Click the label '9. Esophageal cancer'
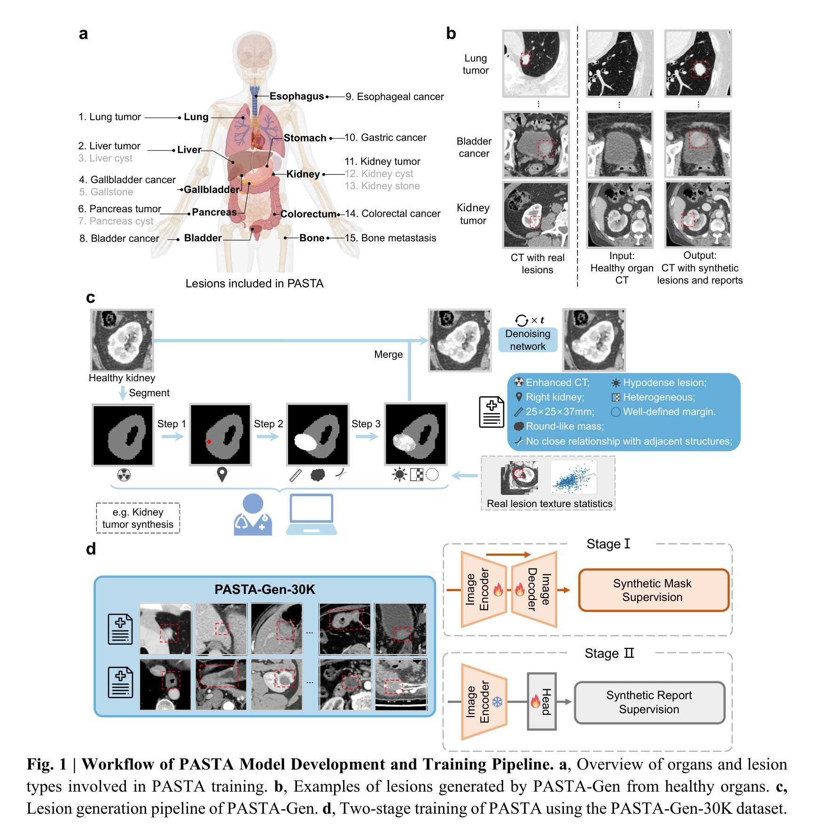(395, 97)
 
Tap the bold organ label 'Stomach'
(305, 138)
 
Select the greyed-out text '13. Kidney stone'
(382, 186)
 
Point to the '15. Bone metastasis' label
(390, 238)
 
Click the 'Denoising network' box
(528, 340)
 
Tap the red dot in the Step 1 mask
(209, 442)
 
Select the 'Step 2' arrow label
(268, 424)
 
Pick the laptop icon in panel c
(312, 515)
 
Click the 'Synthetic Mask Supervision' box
(653, 590)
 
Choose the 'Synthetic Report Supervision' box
(649, 702)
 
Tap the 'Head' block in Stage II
(542, 701)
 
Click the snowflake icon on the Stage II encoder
(497, 702)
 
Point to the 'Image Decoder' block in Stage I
(535, 589)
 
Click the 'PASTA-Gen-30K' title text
(265, 589)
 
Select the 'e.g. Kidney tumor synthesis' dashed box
(138, 518)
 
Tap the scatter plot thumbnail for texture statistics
(574, 477)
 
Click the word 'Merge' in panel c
(388, 354)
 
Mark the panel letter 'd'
(91, 549)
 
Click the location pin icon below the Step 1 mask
(222, 475)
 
